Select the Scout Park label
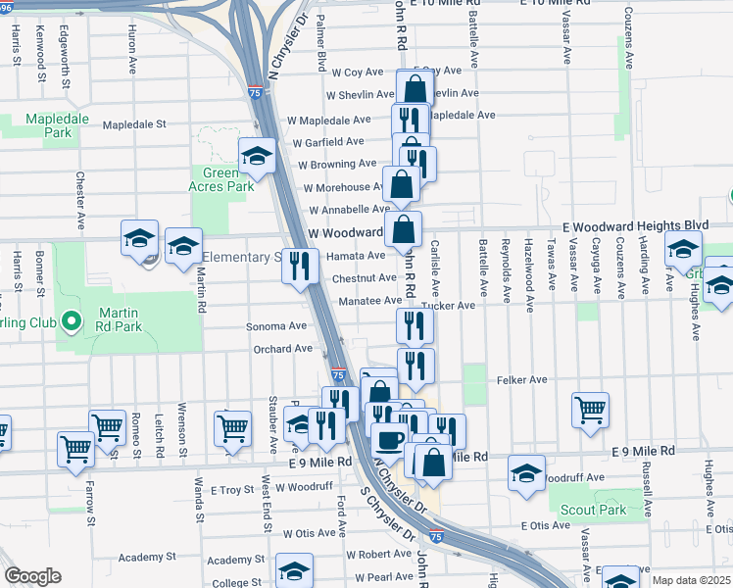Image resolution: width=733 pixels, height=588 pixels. tap(593, 510)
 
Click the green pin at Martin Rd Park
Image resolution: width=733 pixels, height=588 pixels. tap(71, 320)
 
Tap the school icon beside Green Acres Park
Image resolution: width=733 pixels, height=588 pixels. tap(257, 156)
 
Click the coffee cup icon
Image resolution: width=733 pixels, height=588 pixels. tap(389, 439)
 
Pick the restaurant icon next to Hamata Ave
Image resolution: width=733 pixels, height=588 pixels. tap(300, 265)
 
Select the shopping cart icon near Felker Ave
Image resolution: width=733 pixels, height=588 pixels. tap(590, 409)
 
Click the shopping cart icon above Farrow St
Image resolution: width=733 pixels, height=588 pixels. tap(75, 448)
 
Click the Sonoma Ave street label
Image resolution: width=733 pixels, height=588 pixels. tap(283, 325)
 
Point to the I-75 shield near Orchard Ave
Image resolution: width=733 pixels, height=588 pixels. tap(337, 374)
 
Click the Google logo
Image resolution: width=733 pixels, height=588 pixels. tap(33, 575)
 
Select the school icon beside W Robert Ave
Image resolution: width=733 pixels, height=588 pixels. tap(294, 569)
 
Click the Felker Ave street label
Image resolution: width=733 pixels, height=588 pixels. tap(521, 379)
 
